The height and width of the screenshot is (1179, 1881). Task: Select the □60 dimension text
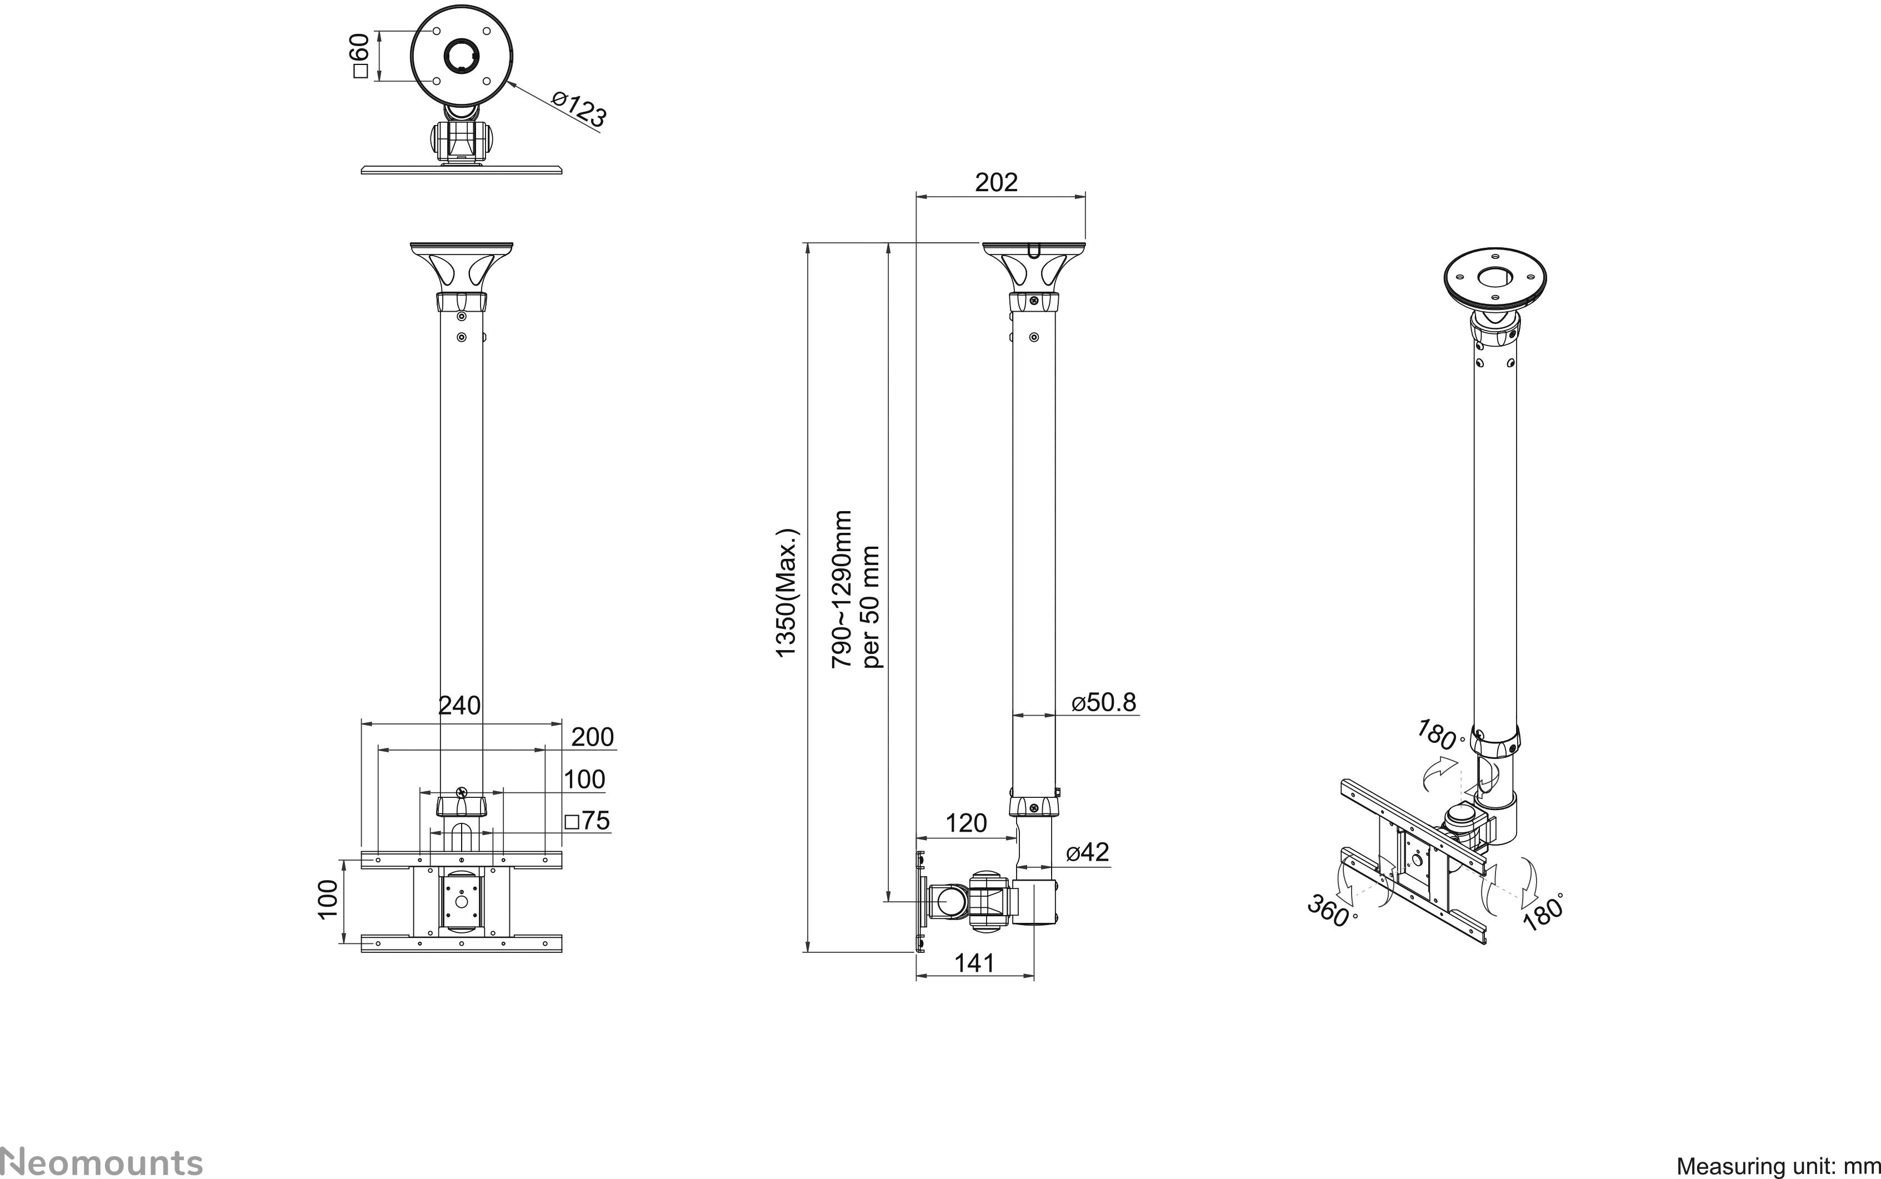click(x=360, y=56)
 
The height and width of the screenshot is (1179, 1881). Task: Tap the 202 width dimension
click(x=996, y=182)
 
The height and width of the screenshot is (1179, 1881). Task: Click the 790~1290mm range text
click(x=842, y=589)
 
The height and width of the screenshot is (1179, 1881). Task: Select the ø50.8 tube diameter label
click(x=1104, y=702)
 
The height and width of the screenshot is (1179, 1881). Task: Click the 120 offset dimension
click(x=966, y=823)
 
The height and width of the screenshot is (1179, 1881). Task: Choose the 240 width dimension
click(x=460, y=705)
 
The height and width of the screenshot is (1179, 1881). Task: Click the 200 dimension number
click(x=592, y=737)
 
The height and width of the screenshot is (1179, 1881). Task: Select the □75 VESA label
click(x=587, y=821)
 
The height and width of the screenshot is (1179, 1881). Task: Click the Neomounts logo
click(x=101, y=1161)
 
